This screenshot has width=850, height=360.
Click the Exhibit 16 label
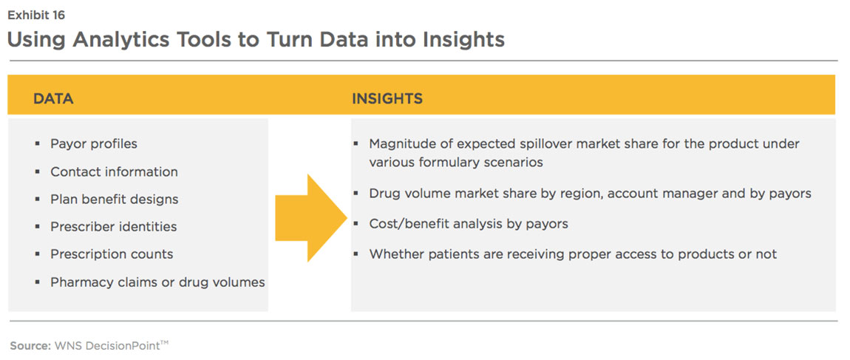coord(35,16)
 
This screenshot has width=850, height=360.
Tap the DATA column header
coord(53,98)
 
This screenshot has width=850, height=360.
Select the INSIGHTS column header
coord(387,98)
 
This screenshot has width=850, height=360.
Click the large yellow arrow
coord(310,218)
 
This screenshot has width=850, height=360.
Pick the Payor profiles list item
coord(94,143)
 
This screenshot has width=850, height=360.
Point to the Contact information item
coord(114,171)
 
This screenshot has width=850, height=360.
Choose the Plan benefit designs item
coord(115,199)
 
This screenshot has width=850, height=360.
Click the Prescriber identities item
coord(114,227)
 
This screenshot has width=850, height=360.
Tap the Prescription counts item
coord(112,254)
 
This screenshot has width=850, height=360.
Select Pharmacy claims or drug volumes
coord(157,282)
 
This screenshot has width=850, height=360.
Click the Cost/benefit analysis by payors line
coord(469,223)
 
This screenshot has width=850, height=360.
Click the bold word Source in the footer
coord(30,344)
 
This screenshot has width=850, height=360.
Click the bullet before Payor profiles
coord(38,143)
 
